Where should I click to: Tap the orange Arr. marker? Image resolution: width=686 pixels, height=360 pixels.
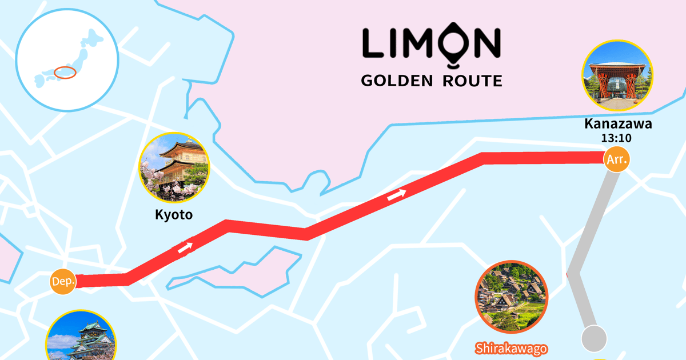[x=617, y=159]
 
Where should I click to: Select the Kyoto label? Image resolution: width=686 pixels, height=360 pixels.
[x=174, y=215]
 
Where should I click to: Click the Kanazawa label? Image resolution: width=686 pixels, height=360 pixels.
[x=617, y=124]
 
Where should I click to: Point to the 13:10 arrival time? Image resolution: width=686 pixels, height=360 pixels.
[x=617, y=138]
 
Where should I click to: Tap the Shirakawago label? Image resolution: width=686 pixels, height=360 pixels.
[x=512, y=348]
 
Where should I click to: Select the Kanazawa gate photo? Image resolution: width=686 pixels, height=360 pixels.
[x=617, y=75]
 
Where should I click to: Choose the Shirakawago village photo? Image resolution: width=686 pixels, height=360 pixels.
[x=512, y=297]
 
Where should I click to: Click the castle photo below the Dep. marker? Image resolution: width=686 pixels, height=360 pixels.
[x=81, y=339]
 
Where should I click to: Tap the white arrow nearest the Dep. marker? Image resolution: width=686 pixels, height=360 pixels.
[x=185, y=248]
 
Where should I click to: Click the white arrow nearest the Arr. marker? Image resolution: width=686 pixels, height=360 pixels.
[x=397, y=194]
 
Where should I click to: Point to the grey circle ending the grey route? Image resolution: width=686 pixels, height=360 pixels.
[x=594, y=338]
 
